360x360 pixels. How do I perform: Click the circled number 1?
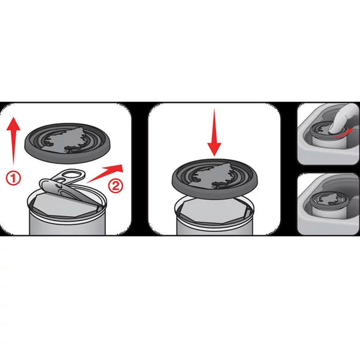click(x=13, y=178)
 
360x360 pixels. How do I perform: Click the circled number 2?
click(x=116, y=186)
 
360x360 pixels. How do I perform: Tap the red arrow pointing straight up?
click(x=13, y=141)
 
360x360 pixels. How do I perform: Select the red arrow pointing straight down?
click(x=214, y=132)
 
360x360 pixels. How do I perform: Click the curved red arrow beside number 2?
click(x=106, y=173)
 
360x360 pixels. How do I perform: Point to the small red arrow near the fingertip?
click(x=342, y=134)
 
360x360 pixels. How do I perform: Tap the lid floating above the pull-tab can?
click(x=67, y=143)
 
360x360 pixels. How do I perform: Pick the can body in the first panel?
click(x=67, y=222)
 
